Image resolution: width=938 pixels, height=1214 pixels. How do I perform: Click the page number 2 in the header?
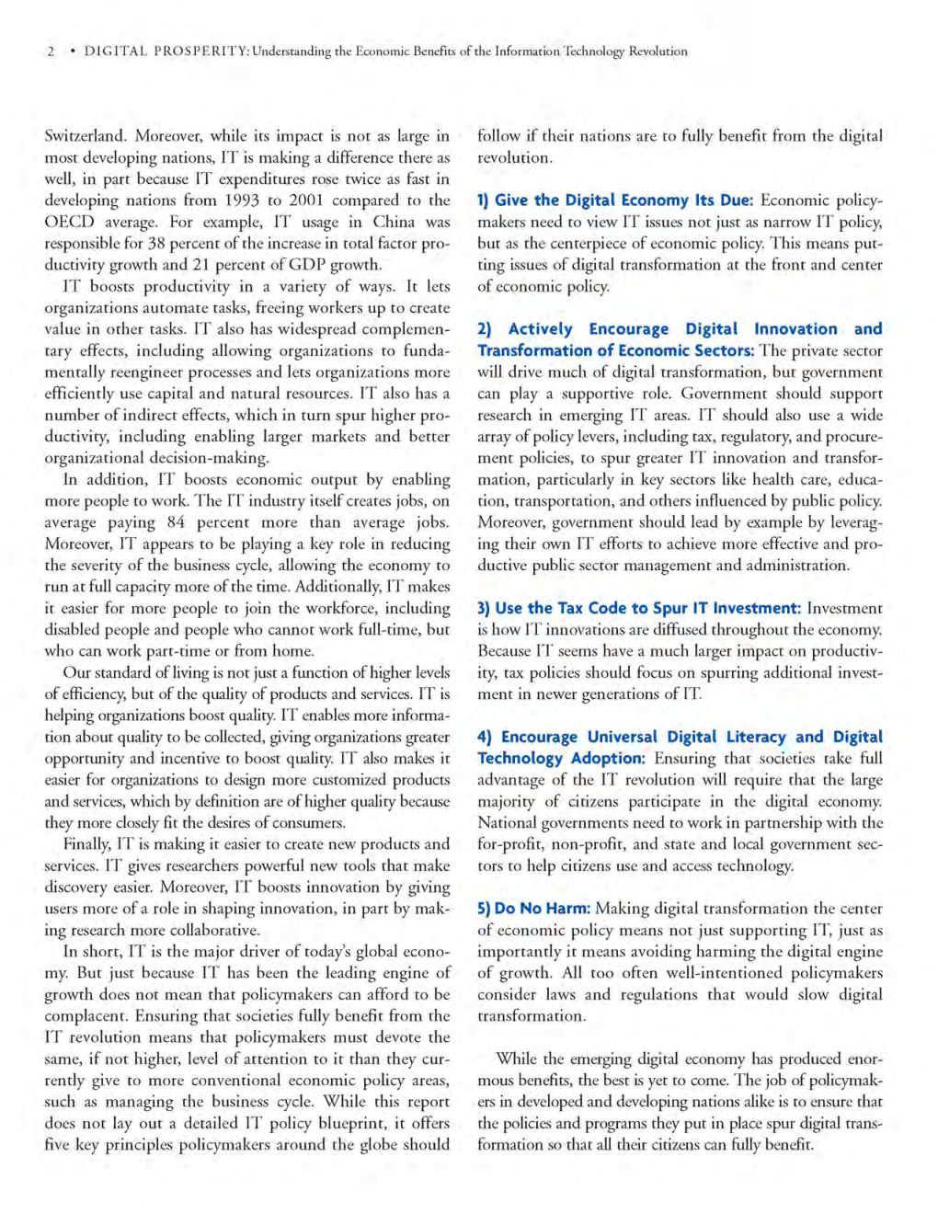[51, 52]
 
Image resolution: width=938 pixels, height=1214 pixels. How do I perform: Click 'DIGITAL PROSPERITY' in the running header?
[166, 52]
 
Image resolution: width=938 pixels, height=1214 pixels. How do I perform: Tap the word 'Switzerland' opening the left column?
[86, 136]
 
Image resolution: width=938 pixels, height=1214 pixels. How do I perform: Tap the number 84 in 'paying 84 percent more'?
[176, 522]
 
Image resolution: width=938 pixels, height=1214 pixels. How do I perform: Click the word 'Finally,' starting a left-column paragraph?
[86, 844]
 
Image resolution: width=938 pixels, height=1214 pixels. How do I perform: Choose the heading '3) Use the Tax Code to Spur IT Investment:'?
[639, 608]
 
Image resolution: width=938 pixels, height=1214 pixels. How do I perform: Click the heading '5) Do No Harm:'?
[533, 909]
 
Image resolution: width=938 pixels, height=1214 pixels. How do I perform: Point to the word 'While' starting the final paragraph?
[516, 1059]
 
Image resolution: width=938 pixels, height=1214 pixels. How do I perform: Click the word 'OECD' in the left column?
[69, 222]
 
